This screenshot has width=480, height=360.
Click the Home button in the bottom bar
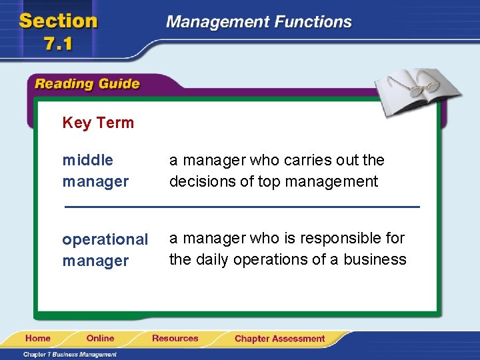tap(39, 339)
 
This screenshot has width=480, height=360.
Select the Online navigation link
tap(100, 339)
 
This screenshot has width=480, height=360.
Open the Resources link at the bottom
tap(175, 339)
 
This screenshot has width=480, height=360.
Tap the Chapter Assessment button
tap(279, 339)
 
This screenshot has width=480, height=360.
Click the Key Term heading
tap(98, 123)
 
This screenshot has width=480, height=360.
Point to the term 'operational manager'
tap(105, 249)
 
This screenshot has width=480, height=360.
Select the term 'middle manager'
tap(95, 171)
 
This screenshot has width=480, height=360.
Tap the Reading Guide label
tap(87, 84)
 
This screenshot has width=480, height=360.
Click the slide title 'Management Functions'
tap(259, 21)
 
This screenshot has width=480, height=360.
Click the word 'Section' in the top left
tap(58, 21)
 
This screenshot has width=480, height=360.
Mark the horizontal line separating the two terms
tap(241, 207)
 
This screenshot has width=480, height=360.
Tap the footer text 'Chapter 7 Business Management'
tap(70, 354)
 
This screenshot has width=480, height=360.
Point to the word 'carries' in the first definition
tap(285, 160)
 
